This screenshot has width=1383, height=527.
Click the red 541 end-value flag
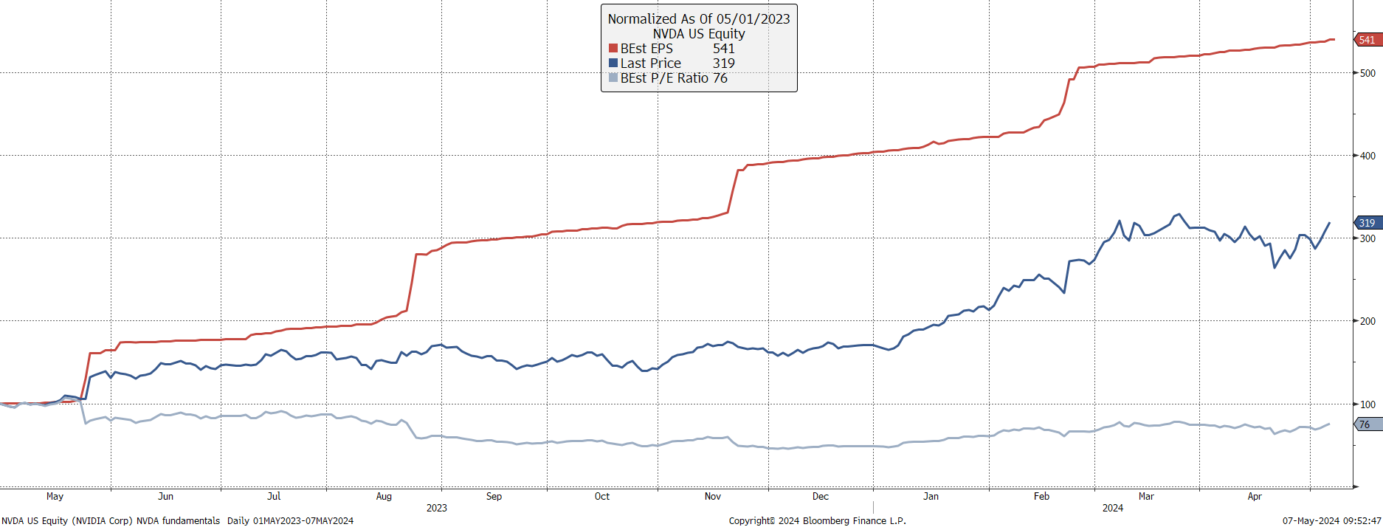[1367, 40]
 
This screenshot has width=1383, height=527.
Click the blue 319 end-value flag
[1367, 223]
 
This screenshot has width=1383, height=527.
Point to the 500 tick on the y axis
[1368, 73]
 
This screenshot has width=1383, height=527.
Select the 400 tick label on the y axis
[1368, 156]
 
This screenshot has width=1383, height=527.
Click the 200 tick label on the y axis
[1368, 321]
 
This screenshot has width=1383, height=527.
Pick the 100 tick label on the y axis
[1368, 404]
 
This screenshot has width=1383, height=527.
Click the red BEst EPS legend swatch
[613, 49]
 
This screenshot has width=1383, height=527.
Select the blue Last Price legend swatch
[613, 63]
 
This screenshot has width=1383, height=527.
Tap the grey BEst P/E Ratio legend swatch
[613, 78]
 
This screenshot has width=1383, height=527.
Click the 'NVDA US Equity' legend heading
[699, 34]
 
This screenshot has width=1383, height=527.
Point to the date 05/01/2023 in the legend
[753, 19]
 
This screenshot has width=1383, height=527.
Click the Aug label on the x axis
[384, 497]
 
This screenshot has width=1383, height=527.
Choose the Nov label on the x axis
[713, 497]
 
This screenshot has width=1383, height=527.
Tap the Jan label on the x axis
[931, 497]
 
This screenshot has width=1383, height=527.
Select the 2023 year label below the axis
[437, 508]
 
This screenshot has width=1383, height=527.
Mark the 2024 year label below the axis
[1113, 508]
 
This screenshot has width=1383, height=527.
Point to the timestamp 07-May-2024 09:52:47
[1332, 521]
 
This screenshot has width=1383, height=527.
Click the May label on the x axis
[55, 497]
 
